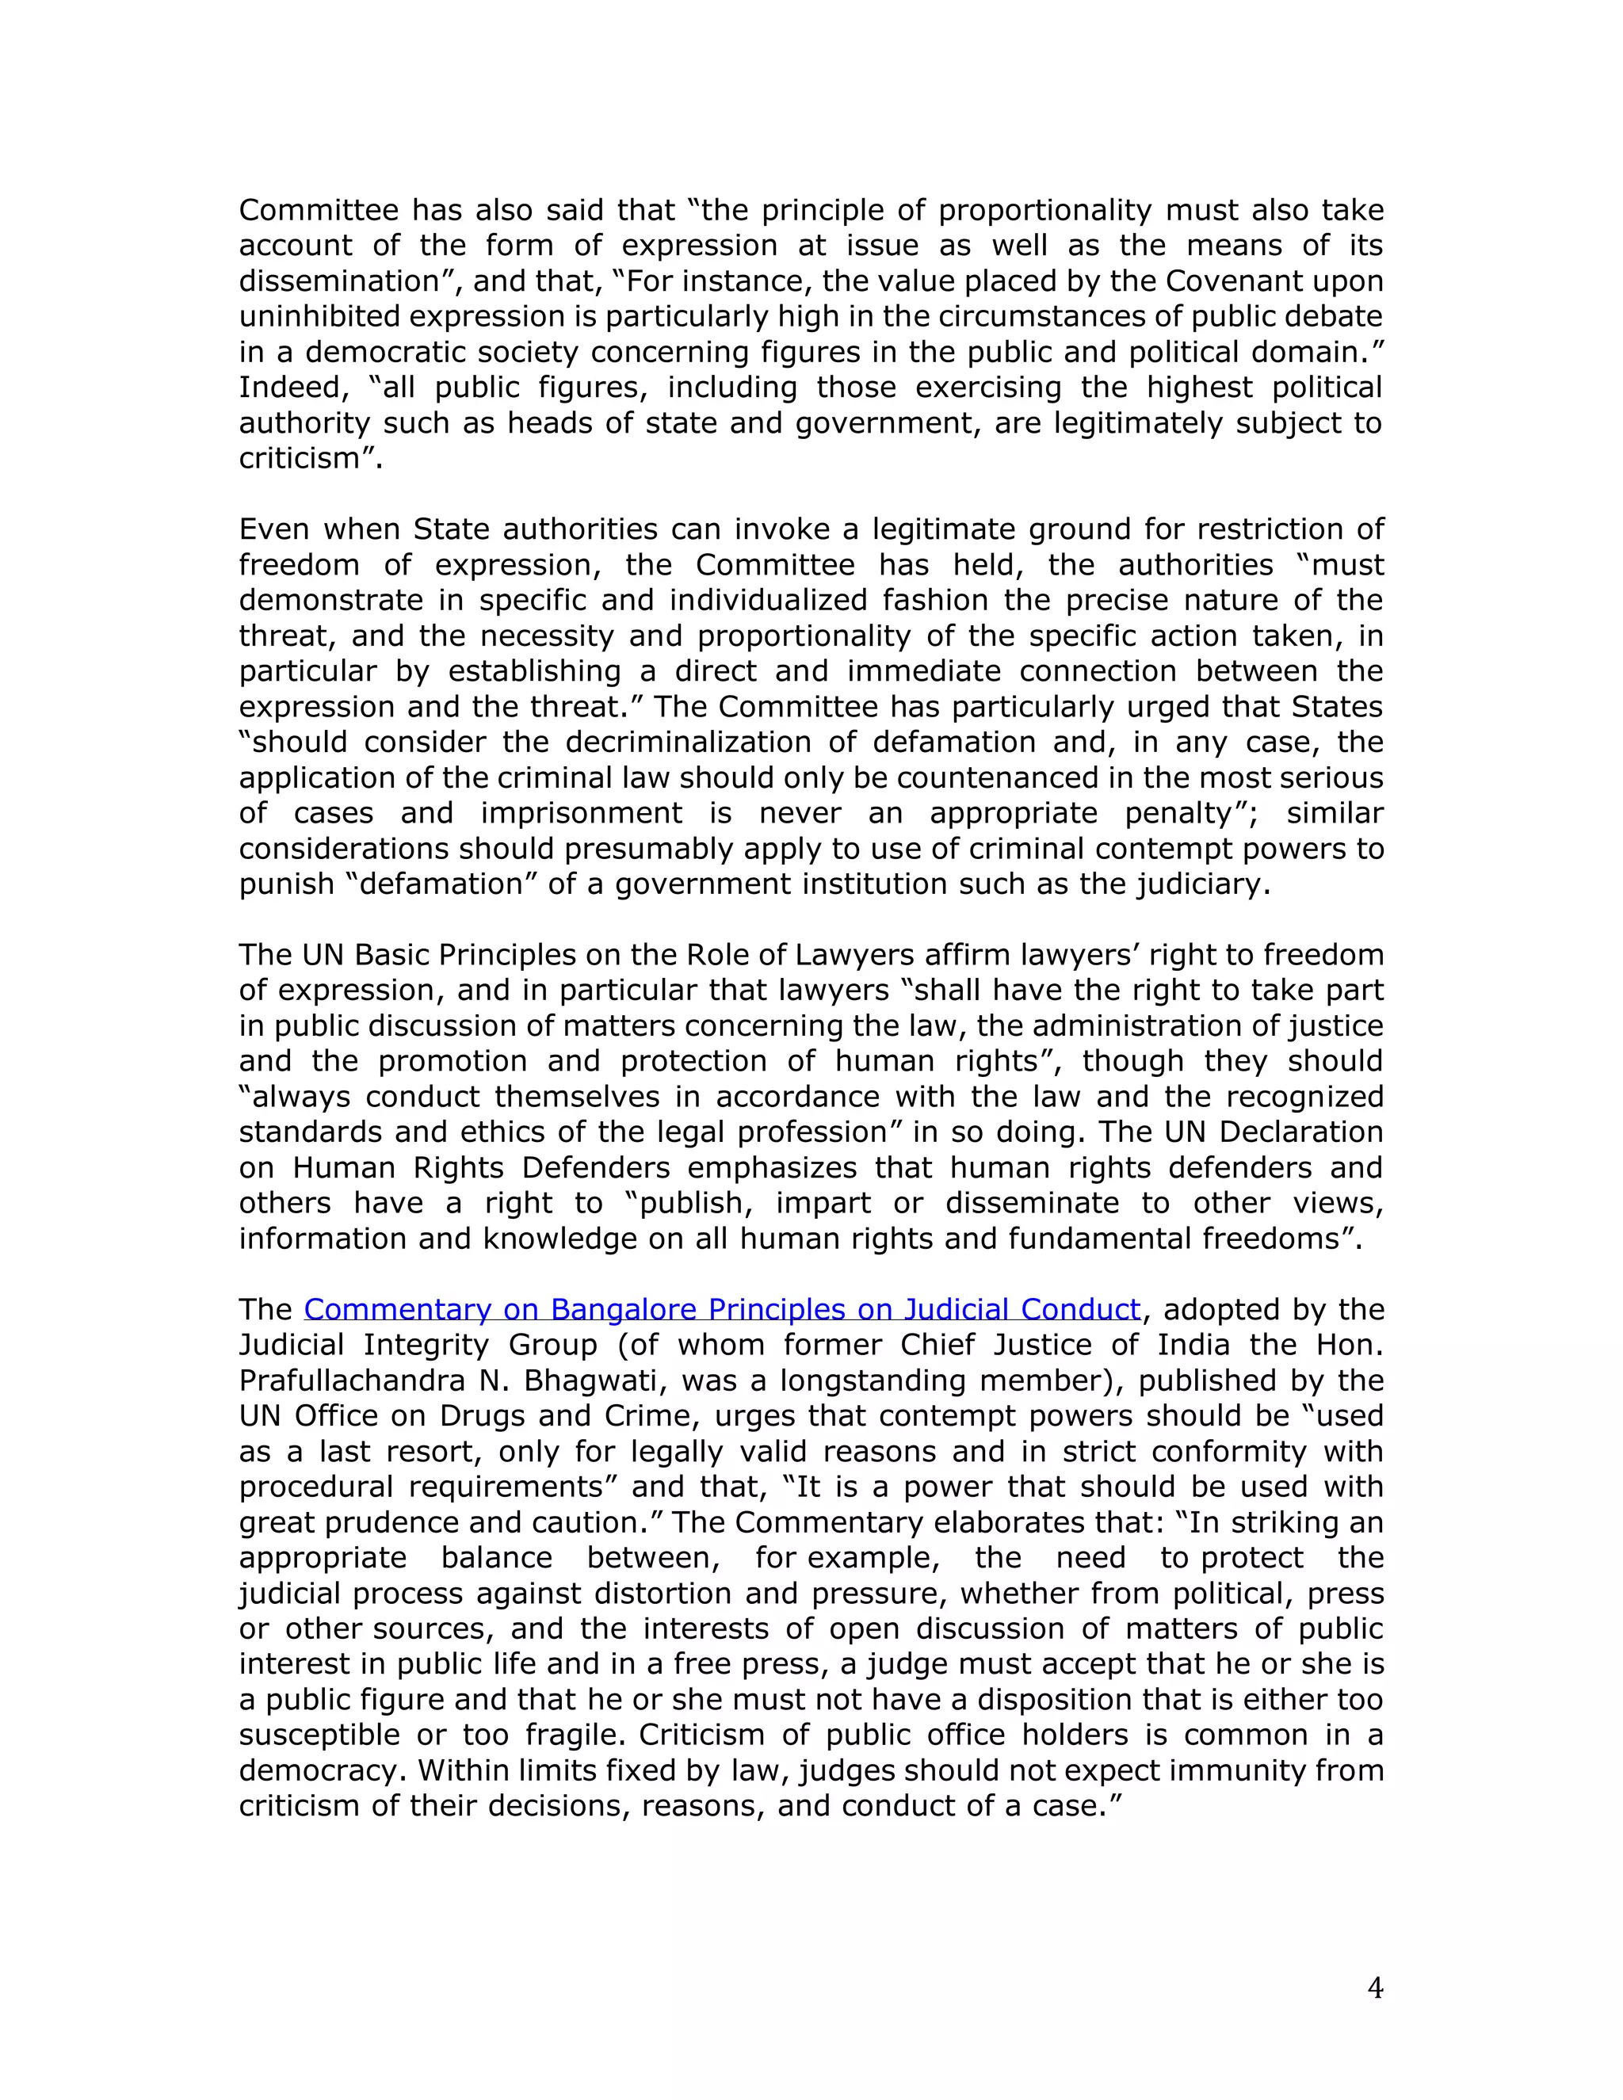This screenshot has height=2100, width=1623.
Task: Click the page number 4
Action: coord(1375,1987)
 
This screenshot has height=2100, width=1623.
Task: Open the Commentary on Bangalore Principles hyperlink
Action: coord(721,1310)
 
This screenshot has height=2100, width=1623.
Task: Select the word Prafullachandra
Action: coord(349,1380)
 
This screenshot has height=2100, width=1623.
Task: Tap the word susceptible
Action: coord(319,1735)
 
